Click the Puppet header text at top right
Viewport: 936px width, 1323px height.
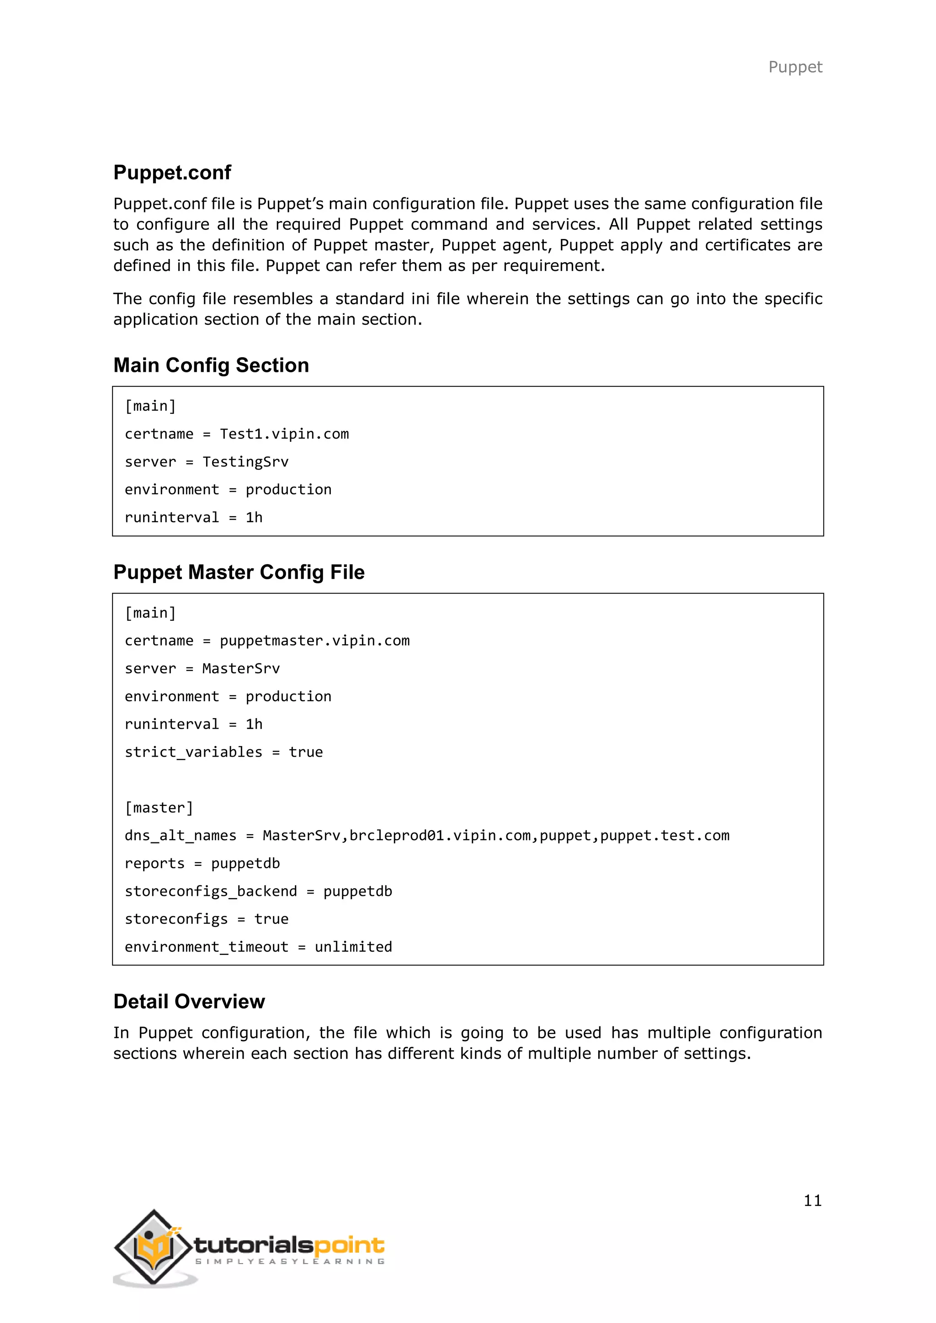(x=795, y=68)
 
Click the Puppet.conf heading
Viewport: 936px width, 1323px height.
(x=172, y=172)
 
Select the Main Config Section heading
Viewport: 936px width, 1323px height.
(x=211, y=365)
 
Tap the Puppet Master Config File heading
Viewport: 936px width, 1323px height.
(x=239, y=572)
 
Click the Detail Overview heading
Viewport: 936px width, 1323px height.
(x=189, y=1001)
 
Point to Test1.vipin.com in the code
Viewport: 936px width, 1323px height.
(x=284, y=434)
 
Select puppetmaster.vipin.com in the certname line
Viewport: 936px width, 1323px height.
(x=315, y=641)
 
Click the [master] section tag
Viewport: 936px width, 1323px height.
(x=159, y=808)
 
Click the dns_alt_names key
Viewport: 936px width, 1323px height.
(x=181, y=836)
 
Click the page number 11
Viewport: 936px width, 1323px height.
(x=812, y=1201)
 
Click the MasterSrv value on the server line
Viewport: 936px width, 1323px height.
(x=241, y=669)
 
